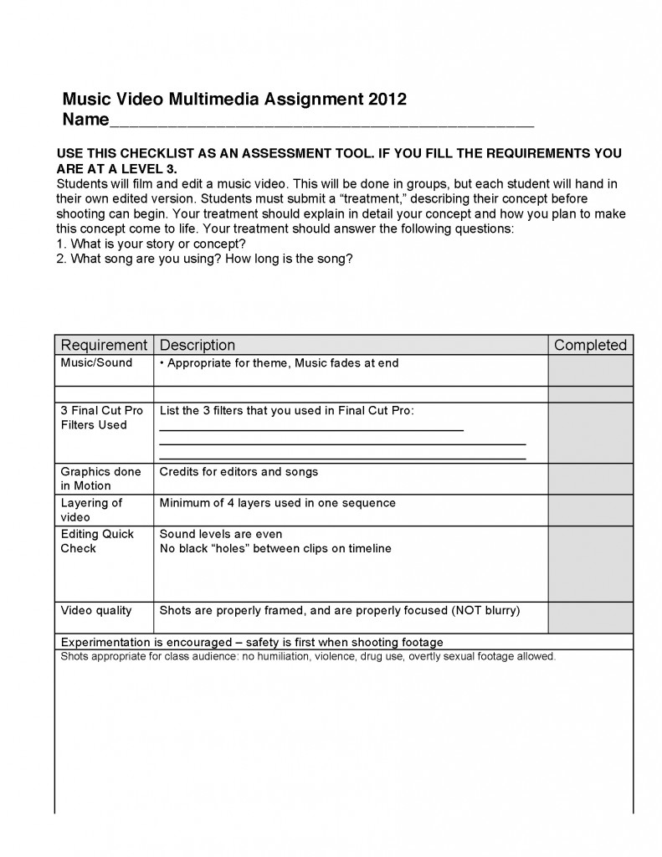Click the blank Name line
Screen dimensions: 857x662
click(x=321, y=121)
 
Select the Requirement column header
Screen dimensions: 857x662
click(x=104, y=345)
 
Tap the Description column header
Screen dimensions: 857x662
click(x=198, y=345)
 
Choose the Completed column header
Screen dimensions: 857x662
click(x=590, y=345)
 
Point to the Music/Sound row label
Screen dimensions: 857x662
click(x=96, y=363)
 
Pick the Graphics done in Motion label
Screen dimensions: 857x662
click(x=100, y=478)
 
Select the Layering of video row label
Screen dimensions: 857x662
click(x=91, y=510)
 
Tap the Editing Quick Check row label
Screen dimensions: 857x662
click(x=97, y=541)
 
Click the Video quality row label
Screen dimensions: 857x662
click(x=96, y=610)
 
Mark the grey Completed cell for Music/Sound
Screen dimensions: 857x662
click(x=590, y=370)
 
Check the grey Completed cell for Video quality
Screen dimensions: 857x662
click(x=590, y=618)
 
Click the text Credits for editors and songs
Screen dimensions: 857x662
click(x=239, y=472)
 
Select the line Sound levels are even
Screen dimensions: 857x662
click(x=221, y=534)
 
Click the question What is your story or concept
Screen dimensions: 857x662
click(x=157, y=244)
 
